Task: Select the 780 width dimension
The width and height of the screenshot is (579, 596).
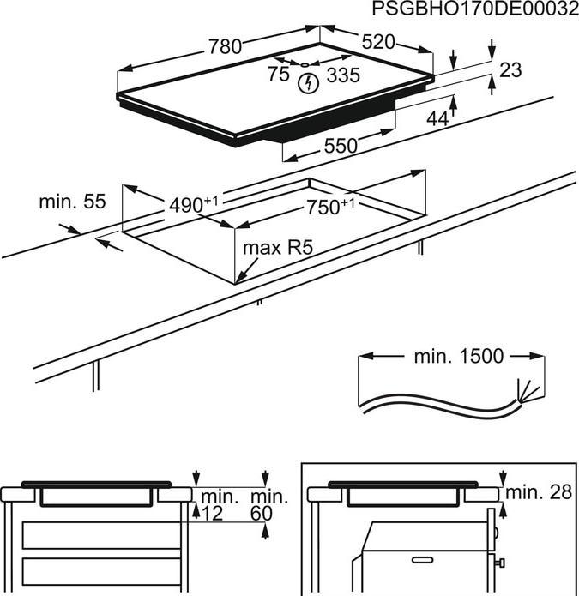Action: [225, 48]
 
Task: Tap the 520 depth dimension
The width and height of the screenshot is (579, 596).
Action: [377, 42]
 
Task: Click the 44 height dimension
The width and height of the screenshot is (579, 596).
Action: [437, 119]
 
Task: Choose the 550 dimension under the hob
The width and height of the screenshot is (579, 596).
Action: [340, 146]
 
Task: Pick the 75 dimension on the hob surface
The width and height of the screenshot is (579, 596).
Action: [278, 75]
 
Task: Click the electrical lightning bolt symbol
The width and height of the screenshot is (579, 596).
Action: [306, 83]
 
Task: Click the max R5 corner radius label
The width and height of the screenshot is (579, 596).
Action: [276, 249]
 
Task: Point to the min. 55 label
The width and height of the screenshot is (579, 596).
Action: [72, 202]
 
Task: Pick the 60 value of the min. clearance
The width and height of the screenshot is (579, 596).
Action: [262, 513]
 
